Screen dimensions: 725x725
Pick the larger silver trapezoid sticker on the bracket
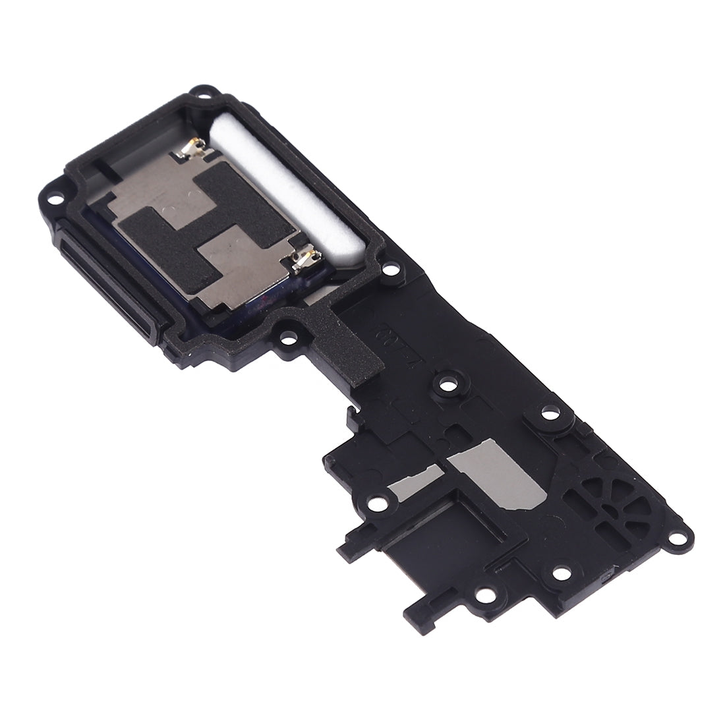507,471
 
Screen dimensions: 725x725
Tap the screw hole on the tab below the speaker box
288,338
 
